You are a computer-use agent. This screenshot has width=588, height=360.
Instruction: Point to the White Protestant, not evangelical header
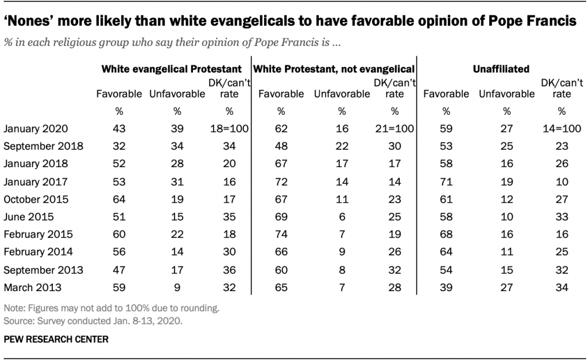click(334, 69)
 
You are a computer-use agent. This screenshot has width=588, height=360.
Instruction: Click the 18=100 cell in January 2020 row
click(229, 130)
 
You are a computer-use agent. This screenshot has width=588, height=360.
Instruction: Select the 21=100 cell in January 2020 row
click(394, 130)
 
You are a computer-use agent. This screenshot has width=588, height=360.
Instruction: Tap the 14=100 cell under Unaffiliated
click(561, 130)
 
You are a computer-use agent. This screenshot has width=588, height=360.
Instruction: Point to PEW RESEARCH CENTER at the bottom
click(55, 339)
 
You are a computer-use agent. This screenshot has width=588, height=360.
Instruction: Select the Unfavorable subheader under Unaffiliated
click(506, 94)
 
